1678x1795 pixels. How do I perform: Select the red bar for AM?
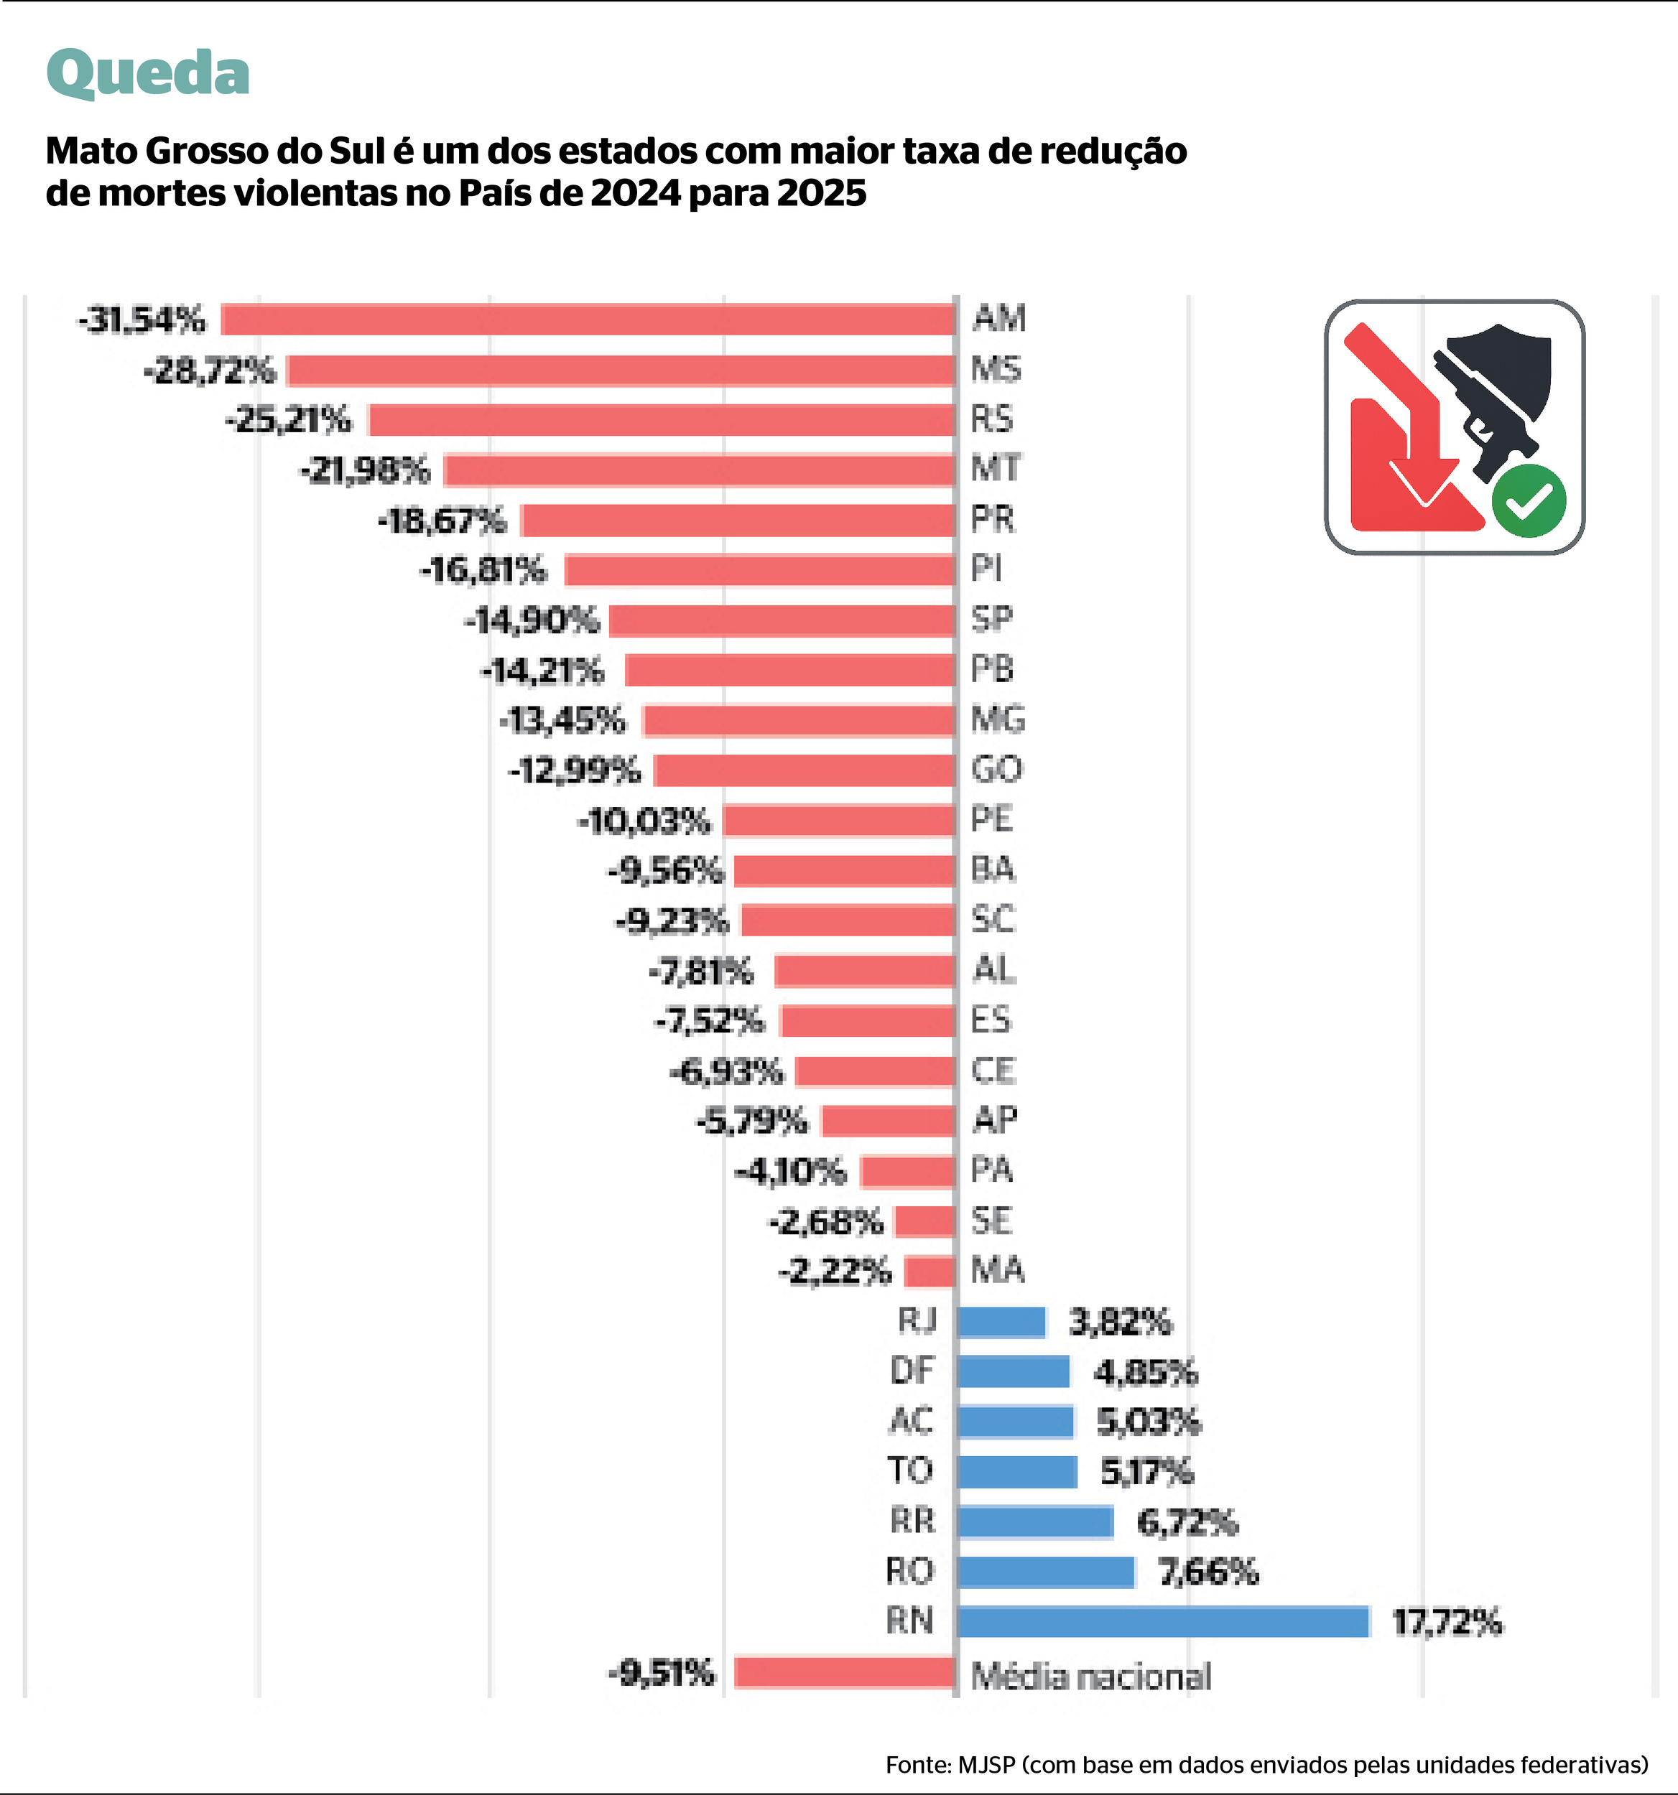[x=587, y=320]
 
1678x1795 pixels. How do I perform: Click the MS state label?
[x=996, y=369]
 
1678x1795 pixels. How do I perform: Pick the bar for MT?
[x=699, y=470]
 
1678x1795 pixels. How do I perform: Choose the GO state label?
[x=996, y=769]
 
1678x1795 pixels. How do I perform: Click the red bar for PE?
[x=839, y=821]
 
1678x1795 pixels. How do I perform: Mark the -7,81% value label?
[x=701, y=971]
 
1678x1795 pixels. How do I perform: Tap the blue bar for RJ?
[x=1001, y=1322]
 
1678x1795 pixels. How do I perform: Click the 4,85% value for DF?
[x=1145, y=1372]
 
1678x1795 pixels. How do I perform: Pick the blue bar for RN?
[x=1163, y=1622]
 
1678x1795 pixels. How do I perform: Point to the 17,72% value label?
[x=1447, y=1623]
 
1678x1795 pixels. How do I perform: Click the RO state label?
[x=909, y=1572]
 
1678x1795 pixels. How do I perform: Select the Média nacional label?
[x=1090, y=1677]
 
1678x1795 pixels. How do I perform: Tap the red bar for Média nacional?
[x=845, y=1672]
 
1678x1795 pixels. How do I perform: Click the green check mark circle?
[x=1528, y=500]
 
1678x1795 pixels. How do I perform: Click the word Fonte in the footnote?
[x=917, y=1764]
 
